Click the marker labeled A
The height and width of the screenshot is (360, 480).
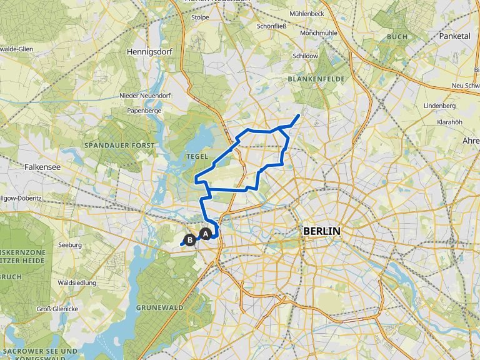tap(205, 234)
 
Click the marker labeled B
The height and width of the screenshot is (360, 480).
tap(190, 237)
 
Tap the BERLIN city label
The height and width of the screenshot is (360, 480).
tap(322, 231)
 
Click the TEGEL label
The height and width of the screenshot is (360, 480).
tap(196, 155)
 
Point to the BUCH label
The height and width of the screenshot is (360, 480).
tap(396, 37)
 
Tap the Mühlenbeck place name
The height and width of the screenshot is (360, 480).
tap(307, 13)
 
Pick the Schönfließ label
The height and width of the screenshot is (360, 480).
tap(271, 27)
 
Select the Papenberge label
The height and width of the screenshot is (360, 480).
tap(144, 110)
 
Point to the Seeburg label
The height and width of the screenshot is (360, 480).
tap(69, 245)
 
